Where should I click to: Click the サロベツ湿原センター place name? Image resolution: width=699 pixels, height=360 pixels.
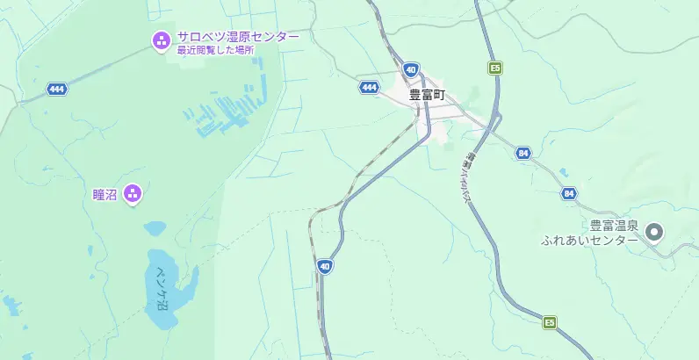237,37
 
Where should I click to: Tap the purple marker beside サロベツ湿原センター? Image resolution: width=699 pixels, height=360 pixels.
161,40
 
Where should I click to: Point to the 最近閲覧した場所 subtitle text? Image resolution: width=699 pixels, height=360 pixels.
215,50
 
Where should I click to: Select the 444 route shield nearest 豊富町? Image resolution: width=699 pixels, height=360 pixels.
369,87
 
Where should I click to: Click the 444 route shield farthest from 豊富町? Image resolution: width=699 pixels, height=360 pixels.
58,89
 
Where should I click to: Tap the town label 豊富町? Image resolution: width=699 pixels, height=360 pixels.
427,93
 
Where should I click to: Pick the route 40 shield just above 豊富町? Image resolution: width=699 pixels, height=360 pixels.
411,68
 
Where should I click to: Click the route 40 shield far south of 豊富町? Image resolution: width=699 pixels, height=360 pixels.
325,265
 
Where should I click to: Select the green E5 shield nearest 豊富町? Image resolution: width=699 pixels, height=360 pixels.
495,68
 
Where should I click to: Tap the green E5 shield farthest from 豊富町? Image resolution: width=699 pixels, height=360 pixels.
550,323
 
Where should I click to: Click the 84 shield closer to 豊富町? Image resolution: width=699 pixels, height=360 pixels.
524,153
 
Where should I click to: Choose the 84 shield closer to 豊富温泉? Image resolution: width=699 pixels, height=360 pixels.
569,193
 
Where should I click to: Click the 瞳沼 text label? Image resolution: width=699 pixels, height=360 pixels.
104,193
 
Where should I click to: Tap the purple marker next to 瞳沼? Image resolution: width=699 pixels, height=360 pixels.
133,193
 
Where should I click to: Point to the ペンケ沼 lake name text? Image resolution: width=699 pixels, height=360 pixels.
161,287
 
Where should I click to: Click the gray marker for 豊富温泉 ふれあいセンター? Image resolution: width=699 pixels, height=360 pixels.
653,233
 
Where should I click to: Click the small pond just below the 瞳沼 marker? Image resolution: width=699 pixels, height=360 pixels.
155,228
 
